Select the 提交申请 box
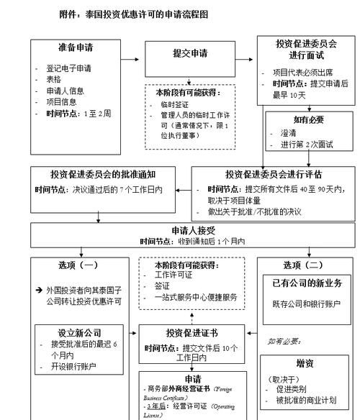pos(190,55)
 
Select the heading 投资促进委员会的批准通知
pos(104,175)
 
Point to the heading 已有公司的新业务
pos(305,283)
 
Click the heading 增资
pos(307,363)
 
